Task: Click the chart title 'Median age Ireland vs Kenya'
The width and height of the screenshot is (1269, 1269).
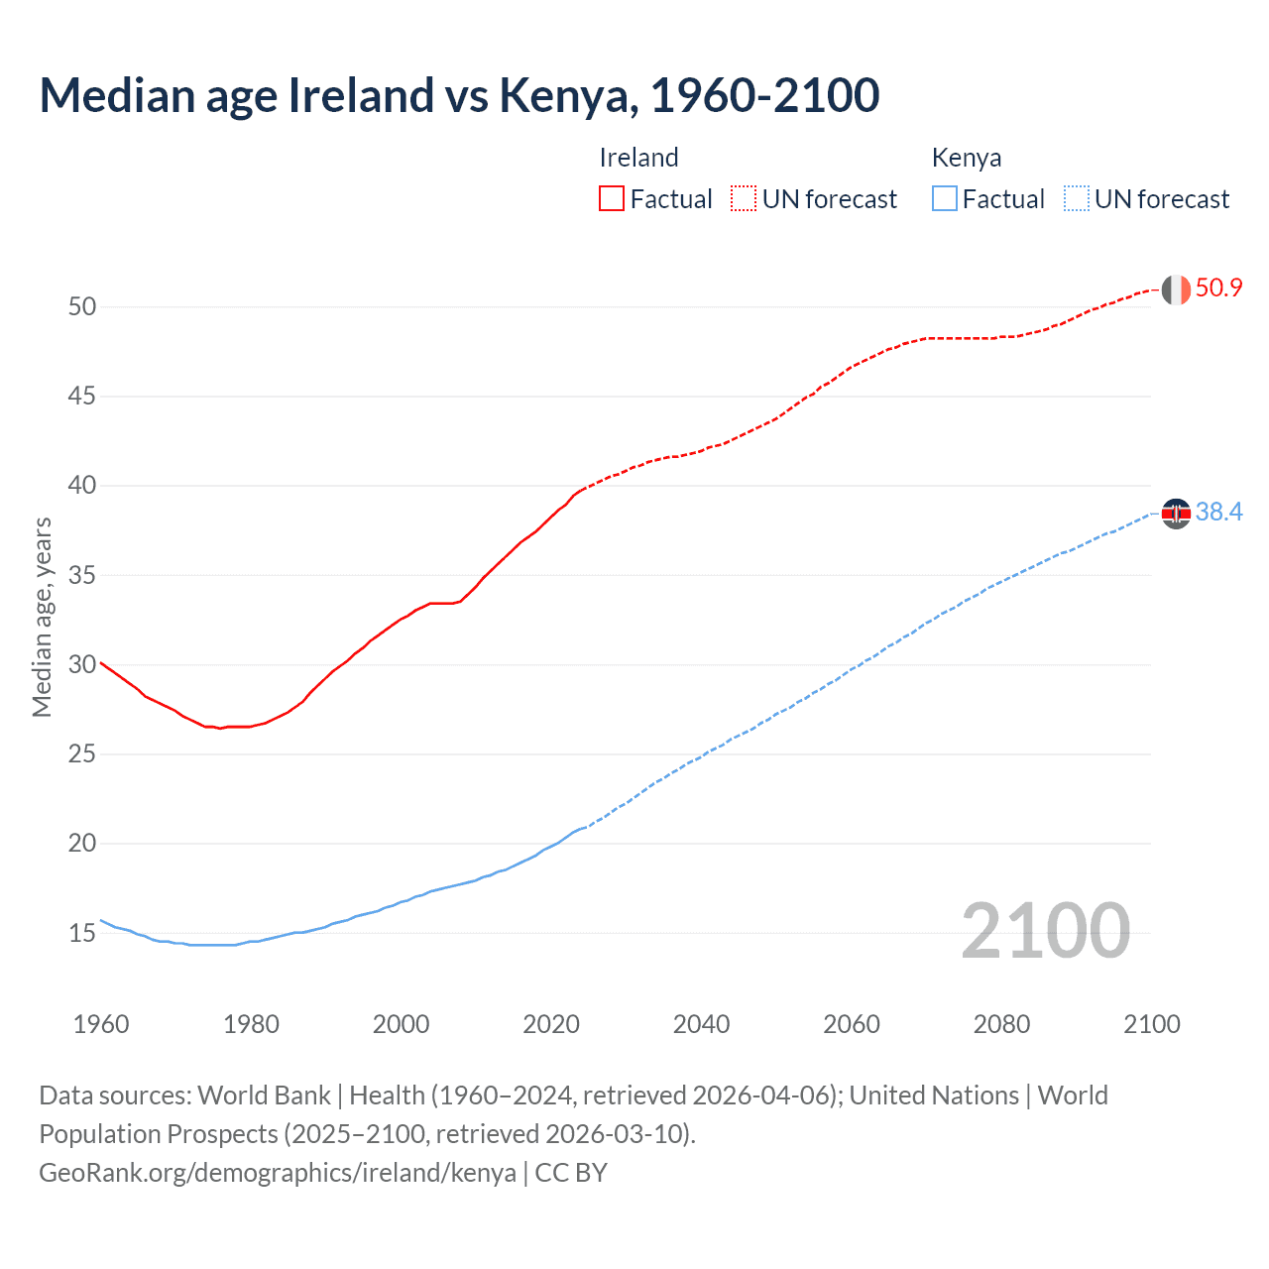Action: coord(459,95)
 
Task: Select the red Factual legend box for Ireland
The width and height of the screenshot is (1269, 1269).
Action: coord(612,198)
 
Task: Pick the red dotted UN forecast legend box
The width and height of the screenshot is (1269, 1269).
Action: coord(744,198)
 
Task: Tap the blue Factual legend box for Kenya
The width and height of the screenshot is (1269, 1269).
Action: coord(944,198)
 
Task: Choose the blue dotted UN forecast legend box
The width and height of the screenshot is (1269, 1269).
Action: coord(1076,198)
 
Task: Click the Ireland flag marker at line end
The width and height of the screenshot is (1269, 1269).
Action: coord(1176,289)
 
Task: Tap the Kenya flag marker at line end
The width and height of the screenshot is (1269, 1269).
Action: coord(1176,513)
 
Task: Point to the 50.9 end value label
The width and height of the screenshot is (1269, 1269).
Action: coord(1218,288)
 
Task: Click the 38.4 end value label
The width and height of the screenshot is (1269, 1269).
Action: coord(1218,512)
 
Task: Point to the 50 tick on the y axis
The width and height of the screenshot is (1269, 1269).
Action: coord(82,306)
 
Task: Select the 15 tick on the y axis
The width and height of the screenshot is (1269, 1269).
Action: coord(82,933)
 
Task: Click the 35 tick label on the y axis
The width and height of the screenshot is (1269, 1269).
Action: coord(82,575)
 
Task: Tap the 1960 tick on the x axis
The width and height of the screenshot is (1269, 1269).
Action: coord(101,1024)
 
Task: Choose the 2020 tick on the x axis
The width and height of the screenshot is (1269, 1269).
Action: coord(551,1024)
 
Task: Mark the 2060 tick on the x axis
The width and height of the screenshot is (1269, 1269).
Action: coord(852,1024)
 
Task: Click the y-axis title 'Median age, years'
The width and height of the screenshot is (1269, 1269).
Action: coord(42,617)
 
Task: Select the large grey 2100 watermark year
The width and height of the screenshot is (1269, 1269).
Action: coord(1045,930)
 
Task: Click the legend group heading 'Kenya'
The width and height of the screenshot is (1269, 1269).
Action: coord(967,158)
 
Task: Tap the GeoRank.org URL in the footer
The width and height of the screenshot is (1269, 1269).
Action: coord(278,1172)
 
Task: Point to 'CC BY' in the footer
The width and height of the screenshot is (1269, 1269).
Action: coord(571,1172)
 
